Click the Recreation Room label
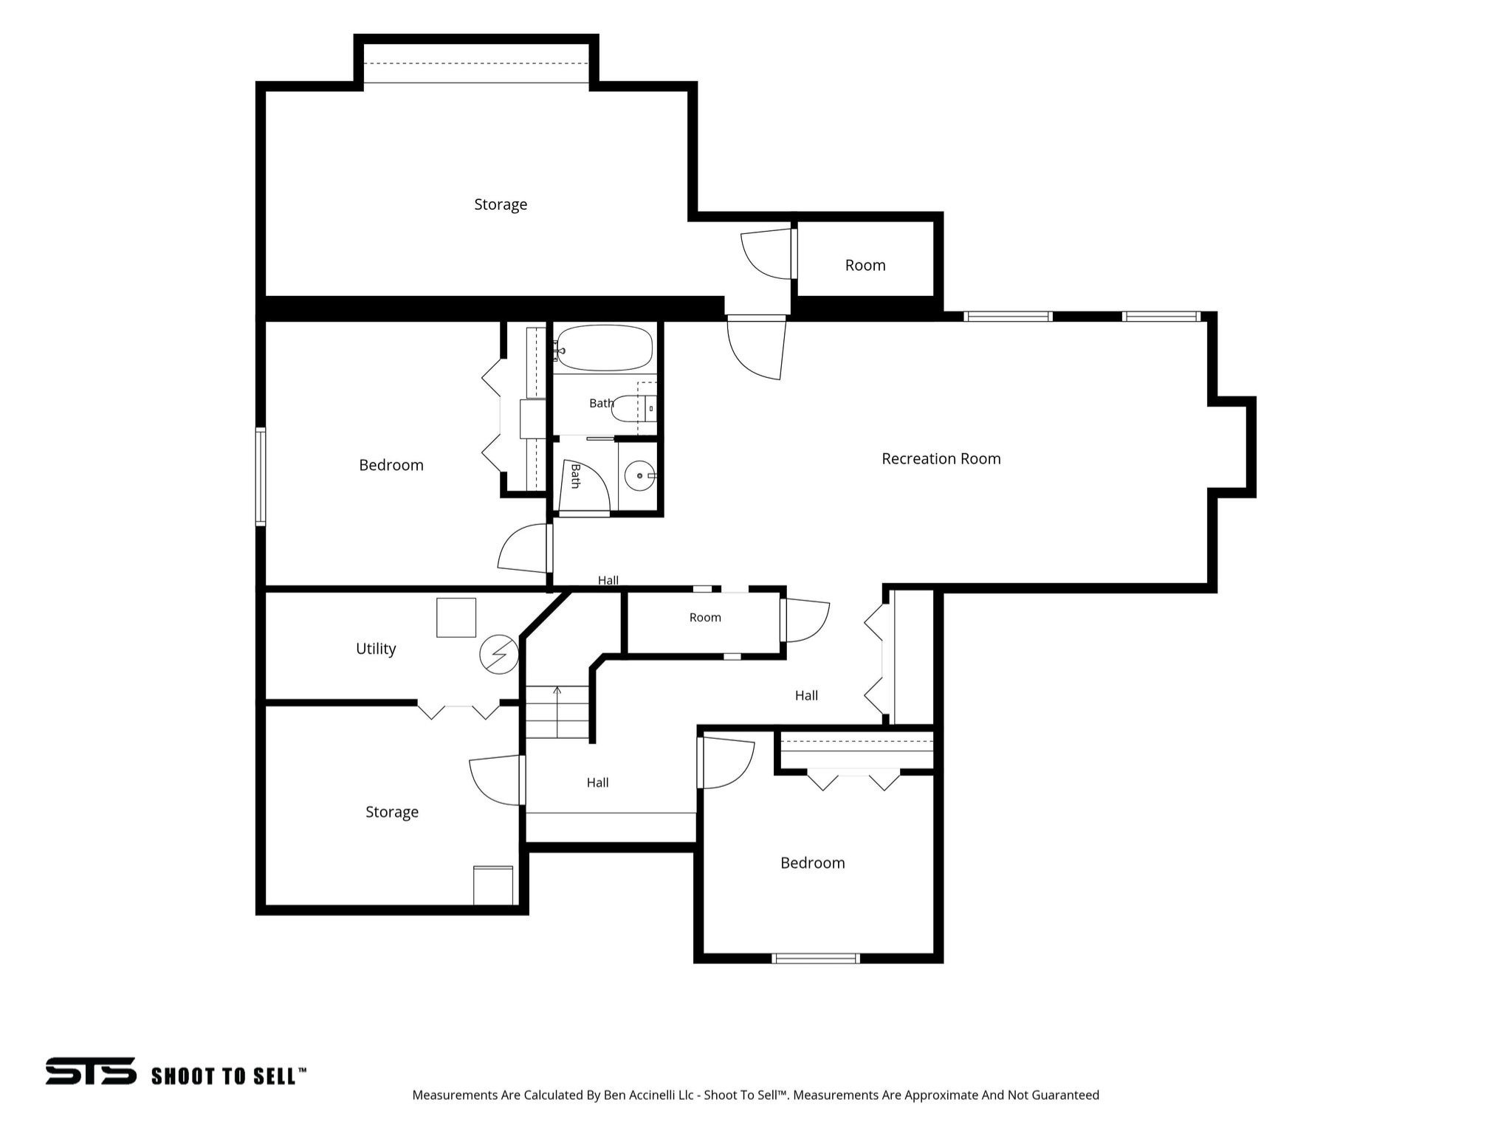941,458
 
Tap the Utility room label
376,649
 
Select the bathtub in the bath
605,348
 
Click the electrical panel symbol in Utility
499,654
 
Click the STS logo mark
91,1070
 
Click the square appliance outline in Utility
456,617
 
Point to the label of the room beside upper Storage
865,265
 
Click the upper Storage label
501,204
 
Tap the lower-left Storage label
392,812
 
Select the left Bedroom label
391,465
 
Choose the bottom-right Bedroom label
813,863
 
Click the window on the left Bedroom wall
261,477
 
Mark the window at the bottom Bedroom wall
816,958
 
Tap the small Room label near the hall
705,617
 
